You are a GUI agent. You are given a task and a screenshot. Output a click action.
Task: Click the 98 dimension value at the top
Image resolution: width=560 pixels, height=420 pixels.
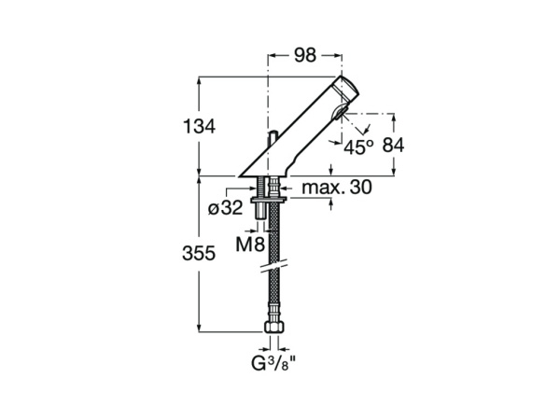304,55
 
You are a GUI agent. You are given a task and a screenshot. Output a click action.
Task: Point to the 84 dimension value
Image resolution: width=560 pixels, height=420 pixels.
393,145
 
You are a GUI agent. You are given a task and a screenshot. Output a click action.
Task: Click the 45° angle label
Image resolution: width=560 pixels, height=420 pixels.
359,147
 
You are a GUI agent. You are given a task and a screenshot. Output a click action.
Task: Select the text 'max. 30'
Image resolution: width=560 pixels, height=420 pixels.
337,188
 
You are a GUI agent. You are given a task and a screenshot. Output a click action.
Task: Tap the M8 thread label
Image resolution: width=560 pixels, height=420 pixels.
247,245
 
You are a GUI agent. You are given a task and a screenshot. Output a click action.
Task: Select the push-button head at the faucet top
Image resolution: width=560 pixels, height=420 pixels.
348,89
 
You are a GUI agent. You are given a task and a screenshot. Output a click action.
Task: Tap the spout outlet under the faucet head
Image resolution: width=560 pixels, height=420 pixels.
339,118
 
